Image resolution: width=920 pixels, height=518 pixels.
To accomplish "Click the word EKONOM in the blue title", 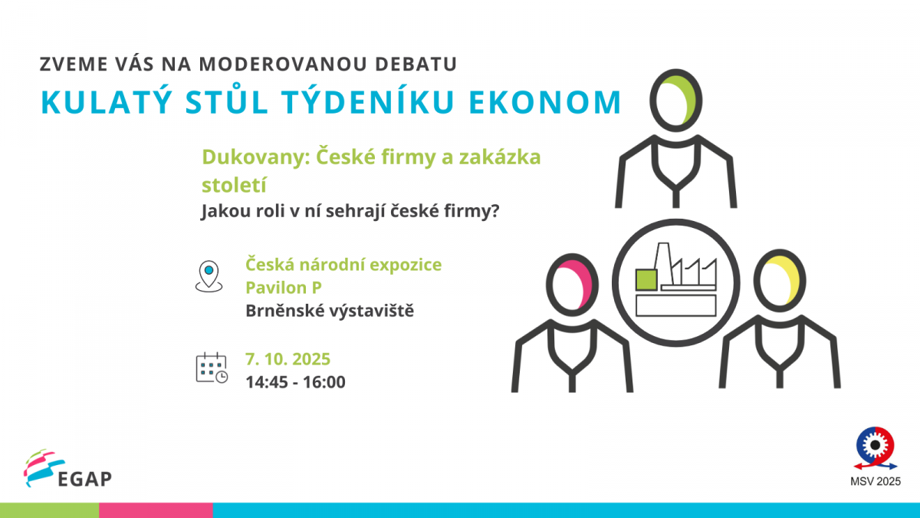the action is point(545,102).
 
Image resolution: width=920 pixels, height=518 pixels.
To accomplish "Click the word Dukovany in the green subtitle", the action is point(256,157).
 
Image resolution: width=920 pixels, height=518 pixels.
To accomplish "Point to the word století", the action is point(234,185).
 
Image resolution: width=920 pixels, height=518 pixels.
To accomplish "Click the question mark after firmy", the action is point(495,210).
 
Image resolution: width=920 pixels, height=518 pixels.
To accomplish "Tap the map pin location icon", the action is point(209,276).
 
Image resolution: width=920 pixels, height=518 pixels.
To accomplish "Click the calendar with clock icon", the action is point(212,368).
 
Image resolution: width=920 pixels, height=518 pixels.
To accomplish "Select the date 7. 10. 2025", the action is point(288,359).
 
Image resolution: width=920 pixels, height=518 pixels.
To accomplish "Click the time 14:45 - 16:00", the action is point(296,382).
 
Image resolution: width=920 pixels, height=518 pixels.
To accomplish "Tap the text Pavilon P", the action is point(284,288).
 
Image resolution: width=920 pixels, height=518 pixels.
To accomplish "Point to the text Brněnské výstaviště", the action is point(330,311).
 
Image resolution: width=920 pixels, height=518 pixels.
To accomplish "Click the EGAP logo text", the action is point(85,479).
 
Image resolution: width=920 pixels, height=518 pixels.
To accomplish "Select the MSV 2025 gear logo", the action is point(876,448).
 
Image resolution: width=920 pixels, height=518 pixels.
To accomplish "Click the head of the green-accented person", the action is point(675,101).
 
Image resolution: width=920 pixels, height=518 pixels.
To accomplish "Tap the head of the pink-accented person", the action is point(572,285).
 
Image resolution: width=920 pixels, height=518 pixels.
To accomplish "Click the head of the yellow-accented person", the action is point(780,281).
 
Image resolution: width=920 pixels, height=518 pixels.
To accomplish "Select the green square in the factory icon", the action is point(646,280).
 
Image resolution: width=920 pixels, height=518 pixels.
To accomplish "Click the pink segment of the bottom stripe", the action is point(156,510).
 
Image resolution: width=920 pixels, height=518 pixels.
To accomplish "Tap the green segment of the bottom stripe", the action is point(49,510).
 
